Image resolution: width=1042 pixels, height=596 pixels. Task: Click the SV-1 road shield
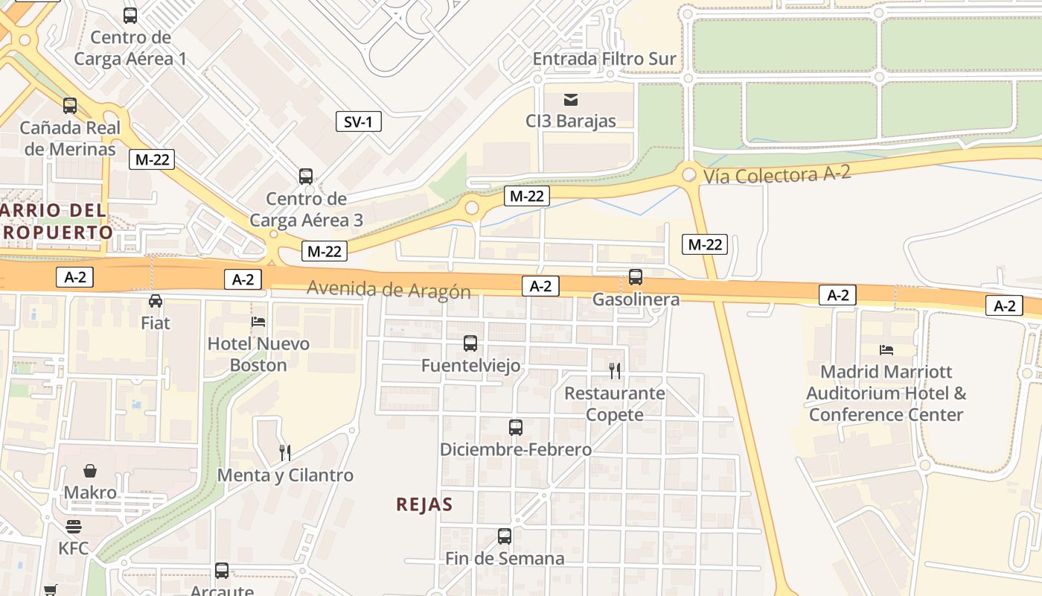click(358, 121)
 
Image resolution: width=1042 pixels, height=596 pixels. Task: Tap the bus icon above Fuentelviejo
click(470, 343)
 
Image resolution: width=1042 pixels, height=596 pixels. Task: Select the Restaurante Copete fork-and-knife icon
click(615, 370)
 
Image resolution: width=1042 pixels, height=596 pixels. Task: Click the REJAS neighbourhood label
click(424, 504)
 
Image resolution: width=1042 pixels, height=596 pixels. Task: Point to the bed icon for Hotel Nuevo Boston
click(258, 322)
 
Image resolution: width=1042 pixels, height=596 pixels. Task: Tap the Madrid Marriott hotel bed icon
click(886, 349)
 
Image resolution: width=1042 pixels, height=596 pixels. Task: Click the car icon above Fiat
click(156, 301)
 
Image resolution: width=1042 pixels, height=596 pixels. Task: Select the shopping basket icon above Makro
click(90, 471)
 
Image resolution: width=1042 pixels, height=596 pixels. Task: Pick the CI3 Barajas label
click(571, 121)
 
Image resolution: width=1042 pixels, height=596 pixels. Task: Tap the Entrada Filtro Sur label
click(604, 59)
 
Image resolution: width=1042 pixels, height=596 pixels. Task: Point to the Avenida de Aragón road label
click(389, 289)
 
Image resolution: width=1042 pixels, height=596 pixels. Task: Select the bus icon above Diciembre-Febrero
click(516, 428)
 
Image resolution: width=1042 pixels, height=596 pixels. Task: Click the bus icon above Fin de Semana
click(505, 536)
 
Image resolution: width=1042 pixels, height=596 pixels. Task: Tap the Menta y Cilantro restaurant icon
click(284, 452)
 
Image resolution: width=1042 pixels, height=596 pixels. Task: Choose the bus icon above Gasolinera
click(636, 277)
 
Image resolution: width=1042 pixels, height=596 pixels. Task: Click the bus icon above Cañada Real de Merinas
click(70, 106)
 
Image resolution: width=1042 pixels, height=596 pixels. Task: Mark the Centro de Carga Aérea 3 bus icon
click(306, 177)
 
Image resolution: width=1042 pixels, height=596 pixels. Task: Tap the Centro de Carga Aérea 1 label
click(130, 48)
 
